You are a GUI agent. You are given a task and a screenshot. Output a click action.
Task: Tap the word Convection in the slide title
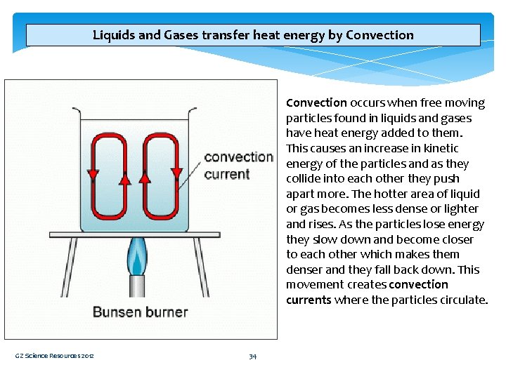(379, 35)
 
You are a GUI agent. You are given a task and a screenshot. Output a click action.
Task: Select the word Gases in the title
(183, 35)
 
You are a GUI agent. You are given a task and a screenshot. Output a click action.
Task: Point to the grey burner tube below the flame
(136, 288)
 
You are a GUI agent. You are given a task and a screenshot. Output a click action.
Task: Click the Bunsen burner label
(140, 312)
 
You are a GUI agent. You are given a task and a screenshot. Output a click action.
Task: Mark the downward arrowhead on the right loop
(176, 173)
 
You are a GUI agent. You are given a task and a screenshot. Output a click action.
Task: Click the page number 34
(252, 357)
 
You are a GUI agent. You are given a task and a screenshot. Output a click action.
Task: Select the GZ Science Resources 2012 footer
(55, 357)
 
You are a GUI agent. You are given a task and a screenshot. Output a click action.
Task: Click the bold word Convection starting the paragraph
(316, 103)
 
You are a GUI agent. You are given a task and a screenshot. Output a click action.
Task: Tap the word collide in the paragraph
(304, 179)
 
